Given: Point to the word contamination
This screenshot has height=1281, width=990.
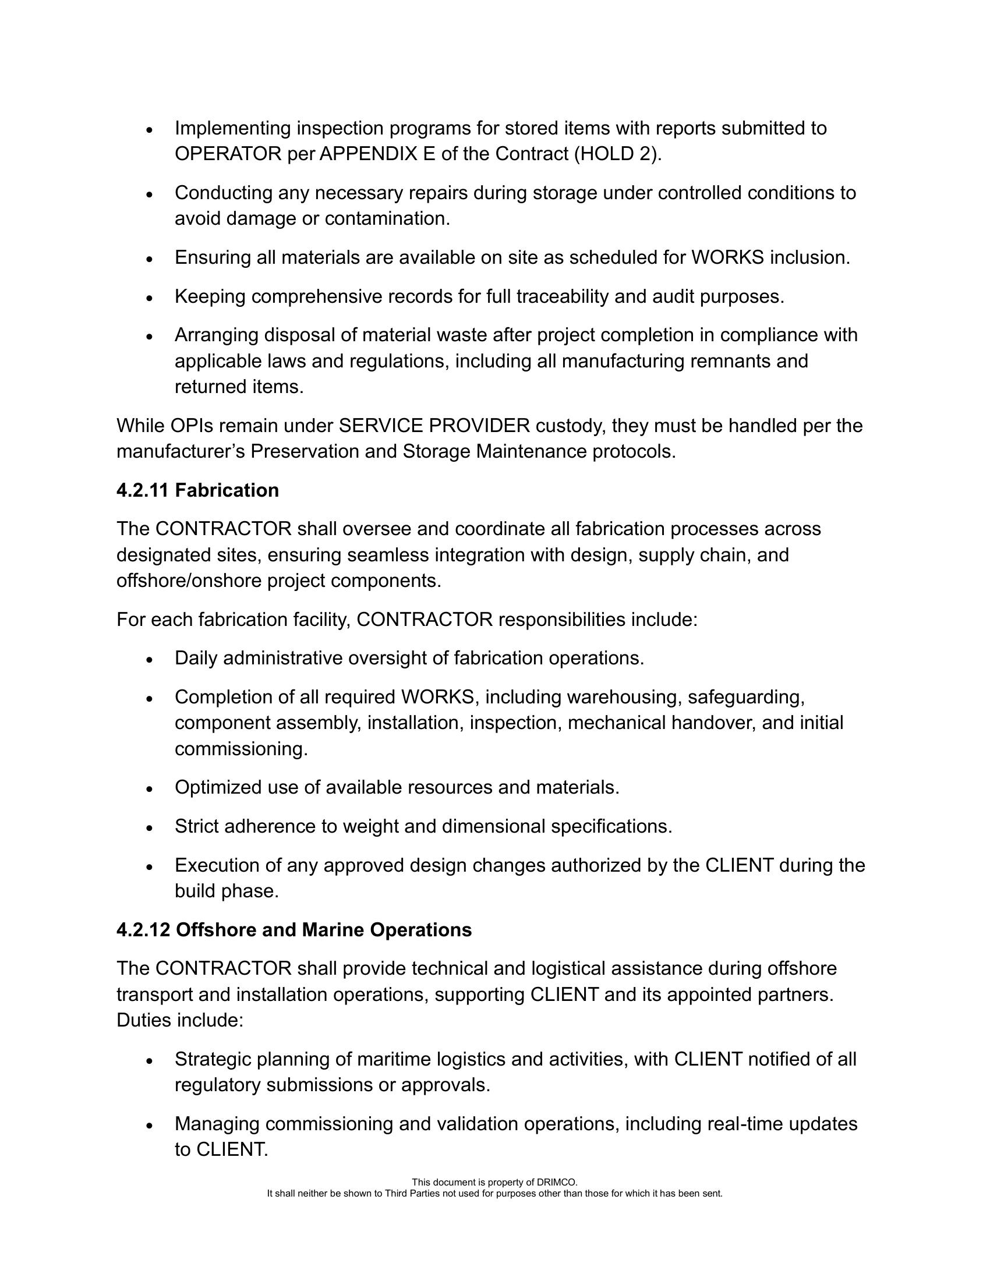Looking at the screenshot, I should coord(387,219).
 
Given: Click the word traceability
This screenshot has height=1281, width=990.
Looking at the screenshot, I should coord(563,297).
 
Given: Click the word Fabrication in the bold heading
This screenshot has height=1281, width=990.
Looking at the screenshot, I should coord(227,490).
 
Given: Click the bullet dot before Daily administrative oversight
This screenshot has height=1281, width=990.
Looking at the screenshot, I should coord(150,660).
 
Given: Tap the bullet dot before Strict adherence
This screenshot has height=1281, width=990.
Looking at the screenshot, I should coord(150,828).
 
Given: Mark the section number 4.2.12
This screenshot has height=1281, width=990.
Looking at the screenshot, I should coord(143,930).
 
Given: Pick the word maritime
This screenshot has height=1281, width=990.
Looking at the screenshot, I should coord(393,1059).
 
